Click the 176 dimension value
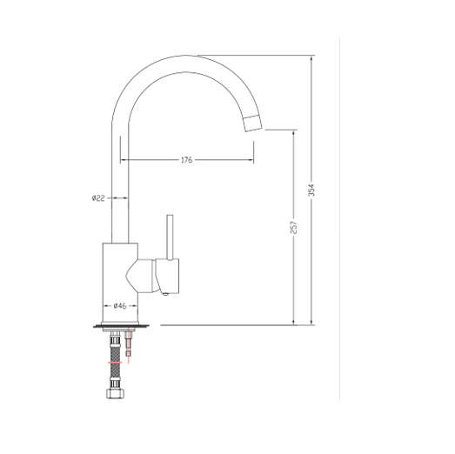(186, 160)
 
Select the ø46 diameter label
(121, 306)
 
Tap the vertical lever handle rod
(170, 237)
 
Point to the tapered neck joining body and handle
(139, 277)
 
